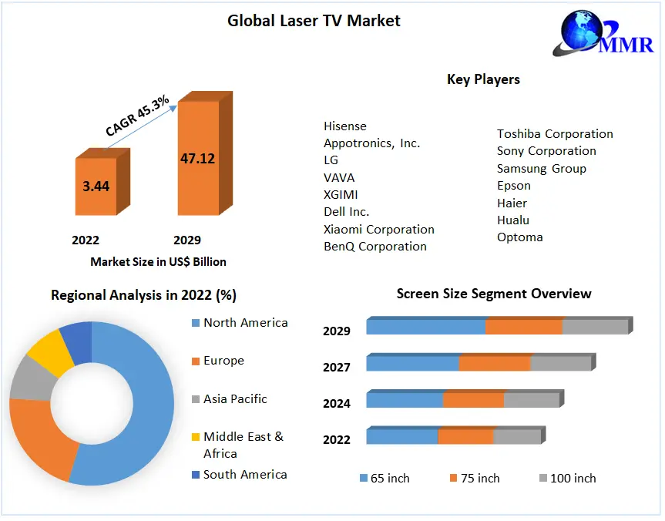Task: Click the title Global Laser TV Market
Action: point(314,21)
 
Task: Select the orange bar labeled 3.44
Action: point(96,186)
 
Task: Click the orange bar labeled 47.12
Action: point(198,158)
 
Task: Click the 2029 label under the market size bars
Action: point(187,240)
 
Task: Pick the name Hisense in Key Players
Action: point(345,126)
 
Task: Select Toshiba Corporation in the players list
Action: point(555,134)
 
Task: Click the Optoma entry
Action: point(520,237)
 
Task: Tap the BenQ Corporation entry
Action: point(375,247)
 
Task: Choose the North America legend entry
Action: point(245,323)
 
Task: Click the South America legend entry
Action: point(244,475)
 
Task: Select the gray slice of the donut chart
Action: point(29,378)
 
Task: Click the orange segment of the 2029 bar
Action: point(524,326)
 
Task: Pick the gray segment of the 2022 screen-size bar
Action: point(517,437)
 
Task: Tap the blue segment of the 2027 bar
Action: point(412,363)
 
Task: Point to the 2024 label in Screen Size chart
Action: point(337,403)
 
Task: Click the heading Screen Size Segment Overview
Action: point(494,294)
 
